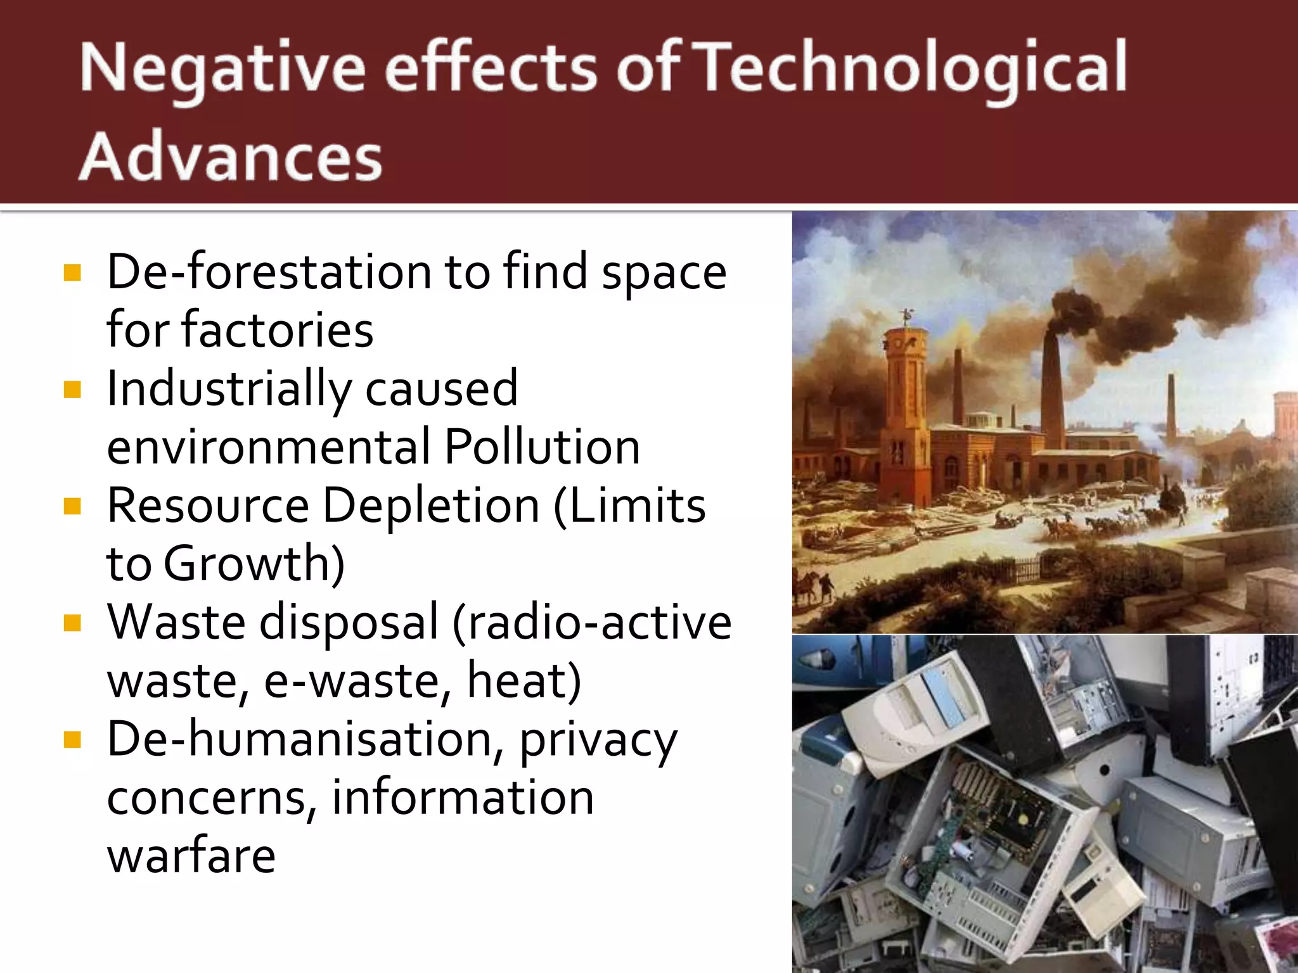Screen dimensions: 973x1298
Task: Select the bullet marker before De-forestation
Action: (x=73, y=273)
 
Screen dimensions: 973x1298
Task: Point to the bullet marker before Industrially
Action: (x=73, y=390)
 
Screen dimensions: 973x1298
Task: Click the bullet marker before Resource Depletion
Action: (x=73, y=507)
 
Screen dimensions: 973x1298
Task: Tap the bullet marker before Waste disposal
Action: (x=73, y=623)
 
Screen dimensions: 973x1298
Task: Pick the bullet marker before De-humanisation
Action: (x=73, y=740)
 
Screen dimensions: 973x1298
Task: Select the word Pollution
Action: (x=542, y=447)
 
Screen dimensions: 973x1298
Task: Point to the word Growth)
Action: (x=254, y=564)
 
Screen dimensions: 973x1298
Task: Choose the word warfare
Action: (x=191, y=856)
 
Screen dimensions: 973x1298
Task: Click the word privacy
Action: (x=598, y=740)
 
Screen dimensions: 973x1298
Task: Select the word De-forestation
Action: (x=269, y=272)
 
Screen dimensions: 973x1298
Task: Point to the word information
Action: (x=463, y=798)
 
